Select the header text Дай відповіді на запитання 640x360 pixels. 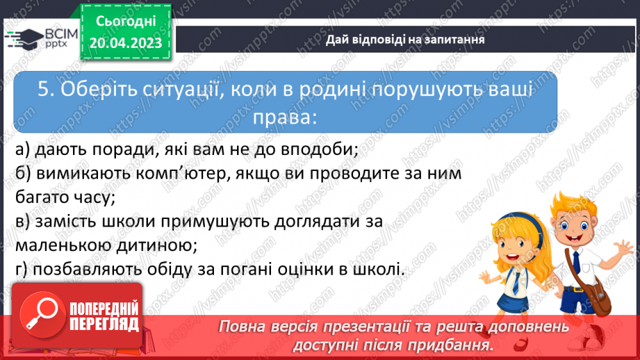click(x=405, y=39)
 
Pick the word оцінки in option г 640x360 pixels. click(x=306, y=268)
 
